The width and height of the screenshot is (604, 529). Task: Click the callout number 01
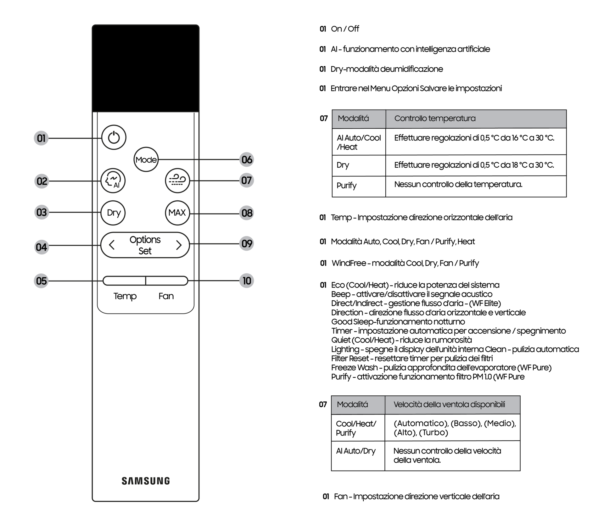point(41,138)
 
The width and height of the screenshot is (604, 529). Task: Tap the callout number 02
point(42,181)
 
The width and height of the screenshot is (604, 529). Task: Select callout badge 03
point(42,213)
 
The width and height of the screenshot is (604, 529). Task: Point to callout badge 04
point(42,247)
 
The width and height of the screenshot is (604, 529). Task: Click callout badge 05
point(41,281)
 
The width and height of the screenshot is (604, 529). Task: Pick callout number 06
point(247,160)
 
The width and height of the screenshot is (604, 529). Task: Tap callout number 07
point(246,181)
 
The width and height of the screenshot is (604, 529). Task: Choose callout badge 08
point(247,213)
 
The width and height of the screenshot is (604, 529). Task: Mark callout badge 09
point(247,244)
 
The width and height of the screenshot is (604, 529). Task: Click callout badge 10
point(247,281)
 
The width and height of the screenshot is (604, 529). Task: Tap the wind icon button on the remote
point(177,181)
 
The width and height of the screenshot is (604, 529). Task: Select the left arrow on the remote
point(112,245)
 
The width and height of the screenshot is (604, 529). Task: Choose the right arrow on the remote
point(179,245)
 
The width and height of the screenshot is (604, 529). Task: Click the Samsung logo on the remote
point(146,481)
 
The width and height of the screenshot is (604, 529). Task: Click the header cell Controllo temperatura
point(476,119)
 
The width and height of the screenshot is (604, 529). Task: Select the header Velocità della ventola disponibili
point(452,405)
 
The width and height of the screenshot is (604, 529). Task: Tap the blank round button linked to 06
point(146,159)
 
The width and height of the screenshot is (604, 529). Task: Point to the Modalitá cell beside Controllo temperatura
point(359,119)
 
